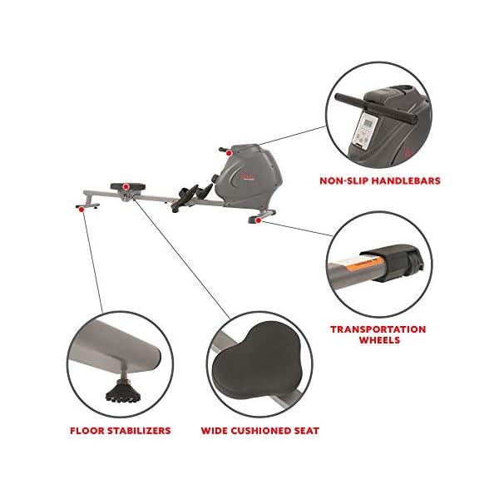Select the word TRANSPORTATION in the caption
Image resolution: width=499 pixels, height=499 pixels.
tap(378, 329)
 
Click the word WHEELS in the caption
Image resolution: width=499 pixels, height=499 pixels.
tap(378, 340)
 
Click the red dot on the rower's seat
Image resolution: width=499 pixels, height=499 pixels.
tap(126, 187)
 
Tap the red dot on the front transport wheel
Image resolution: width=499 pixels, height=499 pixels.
tap(259, 221)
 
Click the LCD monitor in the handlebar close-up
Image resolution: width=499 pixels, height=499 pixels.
tap(366, 124)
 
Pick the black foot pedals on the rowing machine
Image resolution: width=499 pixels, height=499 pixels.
tap(193, 196)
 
